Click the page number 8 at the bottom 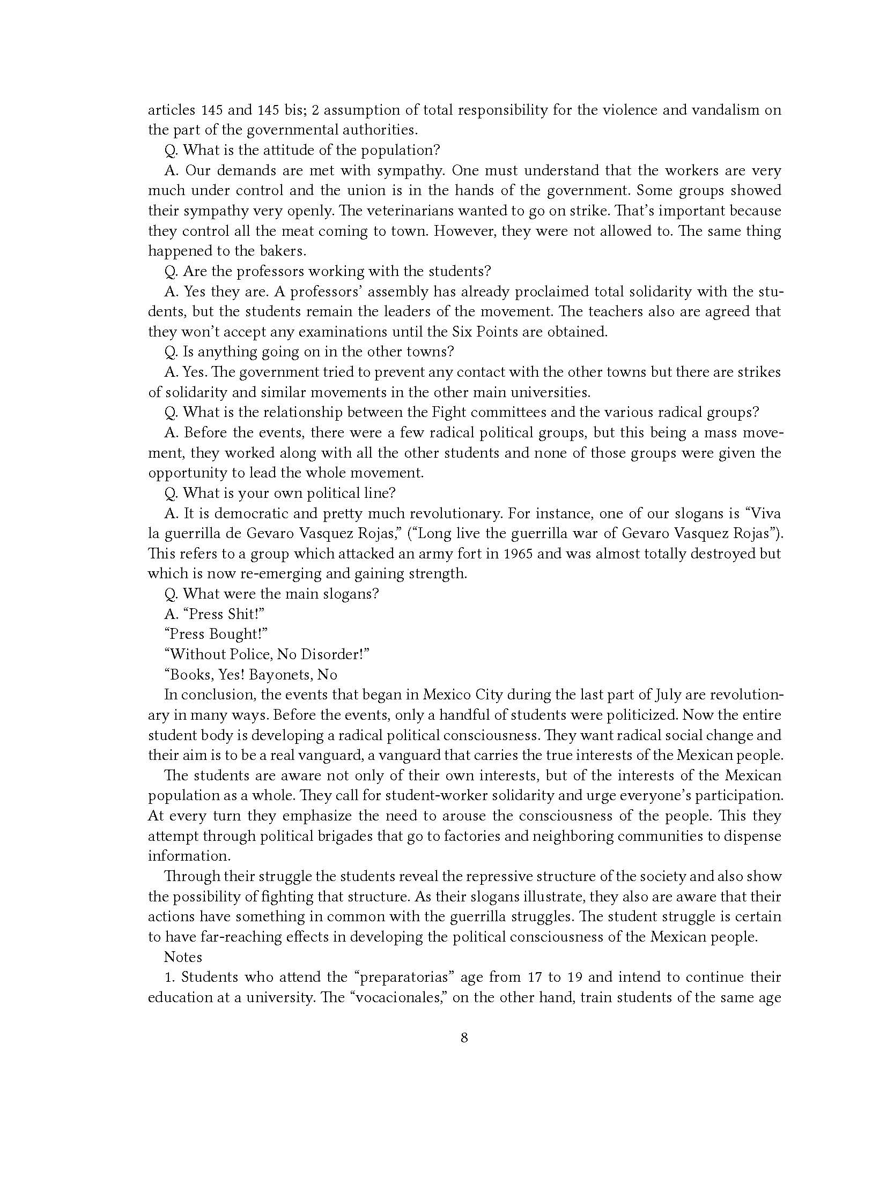[x=464, y=1053]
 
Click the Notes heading [x=183, y=957]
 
